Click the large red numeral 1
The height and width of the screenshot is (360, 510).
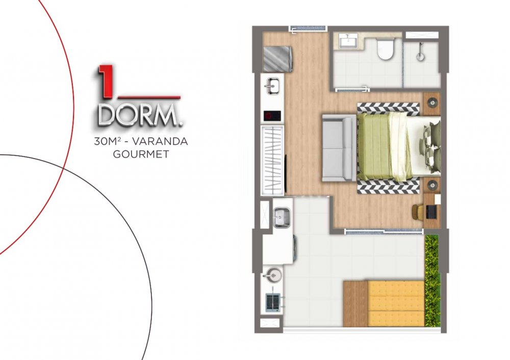(x=105, y=81)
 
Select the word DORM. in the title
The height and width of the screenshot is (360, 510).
(x=140, y=115)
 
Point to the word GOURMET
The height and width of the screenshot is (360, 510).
(x=141, y=154)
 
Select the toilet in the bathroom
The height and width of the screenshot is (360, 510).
(x=385, y=49)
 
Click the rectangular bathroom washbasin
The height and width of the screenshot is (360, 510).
(x=348, y=41)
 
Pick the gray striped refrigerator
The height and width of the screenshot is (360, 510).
(x=277, y=59)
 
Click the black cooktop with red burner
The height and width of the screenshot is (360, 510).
(x=272, y=115)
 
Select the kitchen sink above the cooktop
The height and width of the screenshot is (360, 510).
(x=272, y=86)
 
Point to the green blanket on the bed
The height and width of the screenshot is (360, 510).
(x=380, y=146)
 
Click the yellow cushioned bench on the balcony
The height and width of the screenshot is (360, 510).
(x=396, y=304)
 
